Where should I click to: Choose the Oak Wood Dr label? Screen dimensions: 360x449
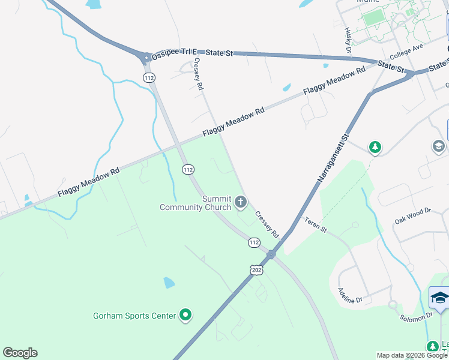(x=412, y=215)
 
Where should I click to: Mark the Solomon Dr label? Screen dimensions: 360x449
(x=417, y=316)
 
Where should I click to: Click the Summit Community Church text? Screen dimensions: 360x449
(x=196, y=203)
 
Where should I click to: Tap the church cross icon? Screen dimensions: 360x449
(x=241, y=202)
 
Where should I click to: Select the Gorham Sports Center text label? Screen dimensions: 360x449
(x=134, y=316)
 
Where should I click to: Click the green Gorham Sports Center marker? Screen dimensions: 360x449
(x=185, y=314)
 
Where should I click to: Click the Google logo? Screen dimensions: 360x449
(x=20, y=352)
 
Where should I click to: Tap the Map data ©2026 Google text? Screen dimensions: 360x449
(x=412, y=355)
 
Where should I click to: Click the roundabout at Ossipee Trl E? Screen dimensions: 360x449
(x=146, y=58)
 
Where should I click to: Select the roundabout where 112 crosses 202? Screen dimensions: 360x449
(x=271, y=254)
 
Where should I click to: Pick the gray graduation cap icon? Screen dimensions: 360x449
(x=438, y=146)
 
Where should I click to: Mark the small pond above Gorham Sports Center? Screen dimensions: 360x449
(x=169, y=282)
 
